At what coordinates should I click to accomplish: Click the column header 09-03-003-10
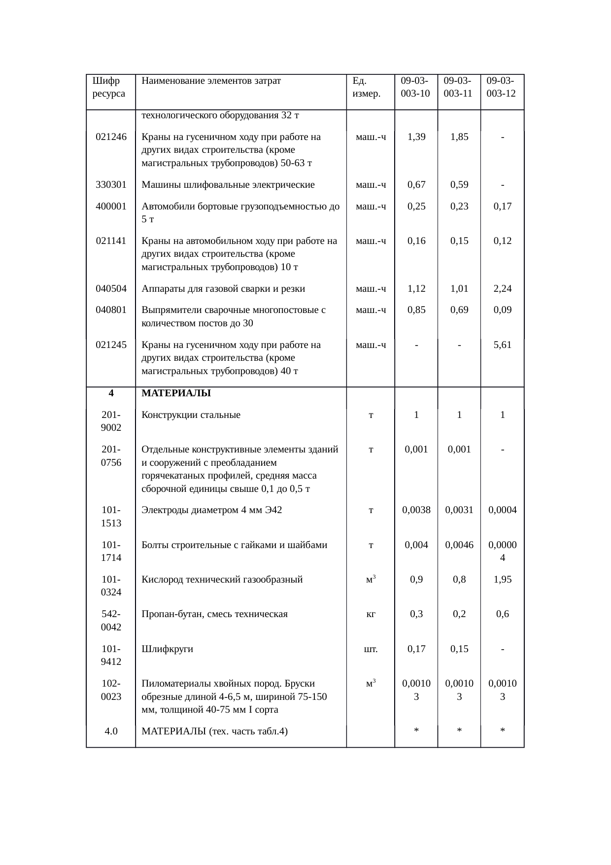(415, 87)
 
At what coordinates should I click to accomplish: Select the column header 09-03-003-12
(501, 87)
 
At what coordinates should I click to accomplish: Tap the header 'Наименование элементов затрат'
(211, 81)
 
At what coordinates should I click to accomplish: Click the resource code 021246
(111, 137)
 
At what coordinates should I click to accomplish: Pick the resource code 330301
(111, 185)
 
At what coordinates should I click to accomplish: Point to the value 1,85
(459, 137)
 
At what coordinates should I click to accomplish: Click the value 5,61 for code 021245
(502, 345)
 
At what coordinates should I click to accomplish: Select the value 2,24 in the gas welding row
(502, 289)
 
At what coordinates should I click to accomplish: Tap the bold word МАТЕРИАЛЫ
(176, 393)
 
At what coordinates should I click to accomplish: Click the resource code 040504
(111, 289)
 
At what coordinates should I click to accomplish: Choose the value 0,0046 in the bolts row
(459, 545)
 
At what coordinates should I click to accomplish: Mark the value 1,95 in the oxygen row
(502, 580)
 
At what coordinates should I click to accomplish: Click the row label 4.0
(111, 731)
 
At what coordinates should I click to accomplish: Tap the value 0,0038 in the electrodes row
(416, 510)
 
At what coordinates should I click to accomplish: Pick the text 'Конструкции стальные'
(191, 415)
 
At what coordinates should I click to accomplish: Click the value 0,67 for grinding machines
(416, 185)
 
